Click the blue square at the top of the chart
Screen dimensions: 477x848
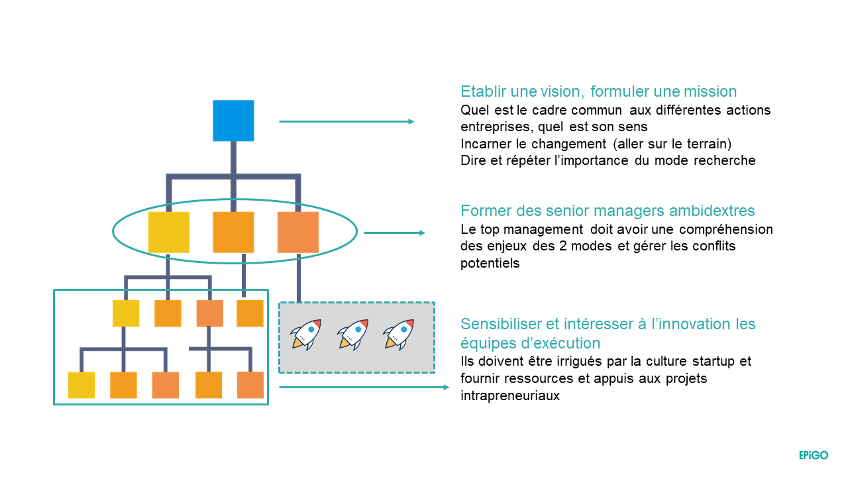[233, 121]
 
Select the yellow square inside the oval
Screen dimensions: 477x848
[169, 232]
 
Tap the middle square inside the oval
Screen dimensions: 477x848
[233, 232]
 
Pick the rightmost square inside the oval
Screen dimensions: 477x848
[298, 232]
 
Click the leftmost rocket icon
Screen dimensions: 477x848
[307, 334]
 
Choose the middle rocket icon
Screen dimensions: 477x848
[352, 334]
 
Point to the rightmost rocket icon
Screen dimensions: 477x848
[399, 334]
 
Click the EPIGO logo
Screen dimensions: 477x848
[813, 455]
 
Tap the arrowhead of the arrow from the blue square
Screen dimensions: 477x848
[411, 121]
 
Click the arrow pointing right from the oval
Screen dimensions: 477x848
[395, 233]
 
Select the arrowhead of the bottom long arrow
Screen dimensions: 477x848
[446, 387]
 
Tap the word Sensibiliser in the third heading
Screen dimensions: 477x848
[502, 325]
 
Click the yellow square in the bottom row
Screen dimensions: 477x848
[81, 385]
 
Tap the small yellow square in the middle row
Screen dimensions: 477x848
[126, 313]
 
